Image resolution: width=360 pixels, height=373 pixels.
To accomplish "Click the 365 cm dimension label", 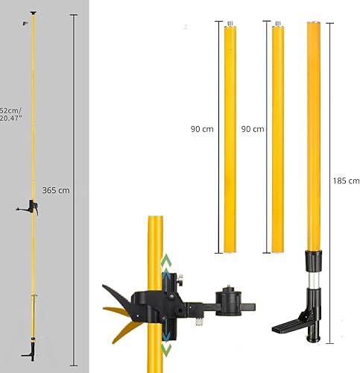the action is (x=56, y=190).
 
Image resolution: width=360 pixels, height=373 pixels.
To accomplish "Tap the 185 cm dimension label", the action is (x=347, y=181).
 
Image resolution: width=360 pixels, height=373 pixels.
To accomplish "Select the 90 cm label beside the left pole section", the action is (x=202, y=129).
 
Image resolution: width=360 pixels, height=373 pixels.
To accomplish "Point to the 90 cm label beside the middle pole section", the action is (x=253, y=129).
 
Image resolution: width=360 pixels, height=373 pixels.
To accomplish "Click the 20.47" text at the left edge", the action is (x=10, y=118).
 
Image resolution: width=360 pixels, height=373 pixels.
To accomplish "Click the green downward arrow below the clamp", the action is (x=166, y=350).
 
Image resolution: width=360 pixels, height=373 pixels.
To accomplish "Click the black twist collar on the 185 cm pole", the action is (x=314, y=261).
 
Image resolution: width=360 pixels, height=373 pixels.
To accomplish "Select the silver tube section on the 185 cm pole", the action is (x=314, y=280).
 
